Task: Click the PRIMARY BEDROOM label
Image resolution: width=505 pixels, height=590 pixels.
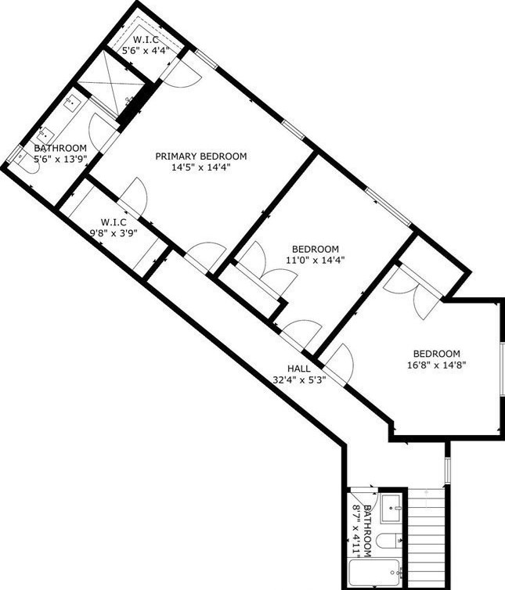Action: coord(200,155)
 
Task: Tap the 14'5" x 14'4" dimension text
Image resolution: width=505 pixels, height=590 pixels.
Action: coord(200,167)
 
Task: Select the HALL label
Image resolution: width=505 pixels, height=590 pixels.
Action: coord(299,369)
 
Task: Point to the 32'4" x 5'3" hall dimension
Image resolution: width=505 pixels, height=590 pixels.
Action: coord(299,380)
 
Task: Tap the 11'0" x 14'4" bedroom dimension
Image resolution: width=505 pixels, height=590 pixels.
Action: coord(315,260)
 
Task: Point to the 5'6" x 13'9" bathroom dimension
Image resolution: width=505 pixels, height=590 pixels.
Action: coord(60,159)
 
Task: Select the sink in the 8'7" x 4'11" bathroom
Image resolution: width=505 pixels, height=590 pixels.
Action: coord(391,509)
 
